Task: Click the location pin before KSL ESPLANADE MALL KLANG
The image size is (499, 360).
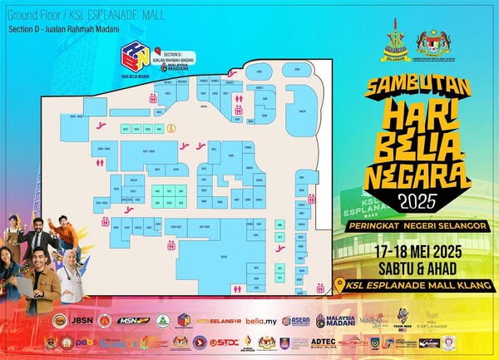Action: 338,286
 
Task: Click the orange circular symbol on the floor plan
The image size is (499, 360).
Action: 171,128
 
